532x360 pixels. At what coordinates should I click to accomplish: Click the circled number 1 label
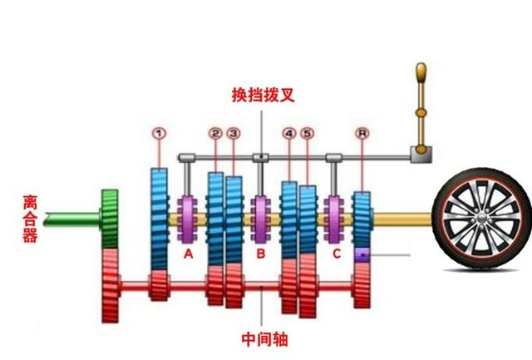coord(159,133)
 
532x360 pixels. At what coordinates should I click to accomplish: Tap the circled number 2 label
coord(215,133)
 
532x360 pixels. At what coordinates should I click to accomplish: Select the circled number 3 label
coord(234,133)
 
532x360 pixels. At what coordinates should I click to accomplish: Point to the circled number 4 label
coord(288,133)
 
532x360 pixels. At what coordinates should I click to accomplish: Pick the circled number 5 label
coord(308,133)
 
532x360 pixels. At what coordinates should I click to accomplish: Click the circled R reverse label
coord(362,133)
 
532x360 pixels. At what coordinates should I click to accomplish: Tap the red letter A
coord(189,254)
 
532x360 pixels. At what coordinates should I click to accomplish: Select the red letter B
coord(260,254)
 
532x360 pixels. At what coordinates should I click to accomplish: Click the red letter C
coord(336,254)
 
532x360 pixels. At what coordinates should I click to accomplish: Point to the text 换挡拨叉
coord(263,95)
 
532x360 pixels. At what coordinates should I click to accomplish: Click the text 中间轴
coord(264,339)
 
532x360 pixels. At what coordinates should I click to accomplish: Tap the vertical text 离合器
coord(30,219)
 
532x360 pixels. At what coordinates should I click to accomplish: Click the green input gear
coord(110,219)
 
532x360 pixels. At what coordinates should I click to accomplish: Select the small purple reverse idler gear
coord(362,254)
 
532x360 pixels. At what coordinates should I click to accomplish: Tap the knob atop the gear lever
coord(421,72)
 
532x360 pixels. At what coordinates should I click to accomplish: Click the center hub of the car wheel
coord(482,218)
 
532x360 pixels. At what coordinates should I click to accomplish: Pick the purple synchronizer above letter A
coord(187,219)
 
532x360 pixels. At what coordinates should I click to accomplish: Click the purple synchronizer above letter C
coord(333,219)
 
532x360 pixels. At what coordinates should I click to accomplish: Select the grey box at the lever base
coord(421,155)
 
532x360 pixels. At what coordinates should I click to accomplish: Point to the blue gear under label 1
coord(159,219)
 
